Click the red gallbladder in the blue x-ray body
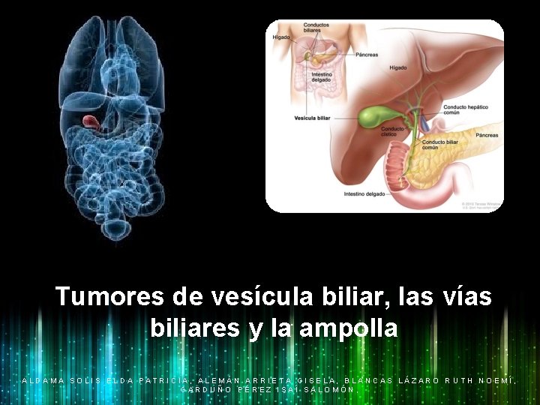[x=90, y=120]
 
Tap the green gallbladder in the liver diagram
[x=372, y=116]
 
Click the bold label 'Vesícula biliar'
[x=312, y=118]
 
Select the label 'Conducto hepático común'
[x=466, y=110]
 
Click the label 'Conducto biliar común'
[x=440, y=144]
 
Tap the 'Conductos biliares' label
[x=316, y=28]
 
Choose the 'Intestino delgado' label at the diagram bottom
[x=364, y=193]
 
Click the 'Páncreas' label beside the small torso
[x=367, y=54]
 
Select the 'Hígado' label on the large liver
[x=398, y=67]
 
